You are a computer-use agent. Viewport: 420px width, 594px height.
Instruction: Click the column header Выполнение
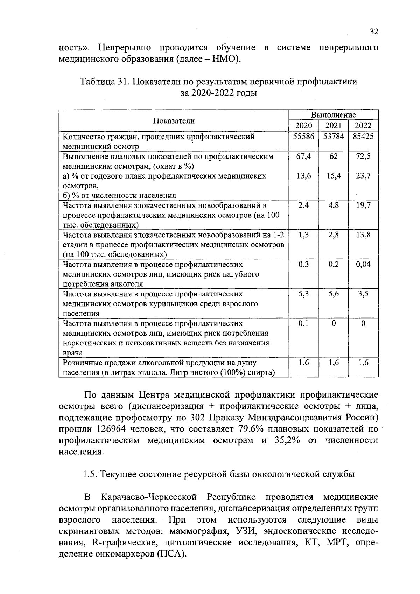(x=334, y=115)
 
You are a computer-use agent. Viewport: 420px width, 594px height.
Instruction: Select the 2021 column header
(x=333, y=126)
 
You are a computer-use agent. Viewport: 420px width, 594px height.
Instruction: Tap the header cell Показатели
(x=174, y=121)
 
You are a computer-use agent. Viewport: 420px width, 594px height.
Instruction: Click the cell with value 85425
(x=363, y=137)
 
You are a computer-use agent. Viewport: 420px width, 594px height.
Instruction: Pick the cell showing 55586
(x=303, y=137)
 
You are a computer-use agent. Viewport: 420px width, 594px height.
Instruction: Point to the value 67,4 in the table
(x=303, y=156)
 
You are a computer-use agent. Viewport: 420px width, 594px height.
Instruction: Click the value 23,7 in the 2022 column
(x=363, y=176)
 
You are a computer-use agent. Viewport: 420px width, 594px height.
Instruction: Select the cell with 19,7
(x=363, y=205)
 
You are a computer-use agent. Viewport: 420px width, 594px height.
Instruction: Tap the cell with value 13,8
(x=363, y=235)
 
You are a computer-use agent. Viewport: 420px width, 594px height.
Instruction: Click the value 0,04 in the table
(x=363, y=264)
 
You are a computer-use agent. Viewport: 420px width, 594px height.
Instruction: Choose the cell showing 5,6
(x=333, y=294)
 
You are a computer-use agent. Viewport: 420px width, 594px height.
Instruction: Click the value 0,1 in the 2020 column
(x=303, y=323)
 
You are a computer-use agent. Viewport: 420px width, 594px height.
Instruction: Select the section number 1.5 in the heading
(x=90, y=475)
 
